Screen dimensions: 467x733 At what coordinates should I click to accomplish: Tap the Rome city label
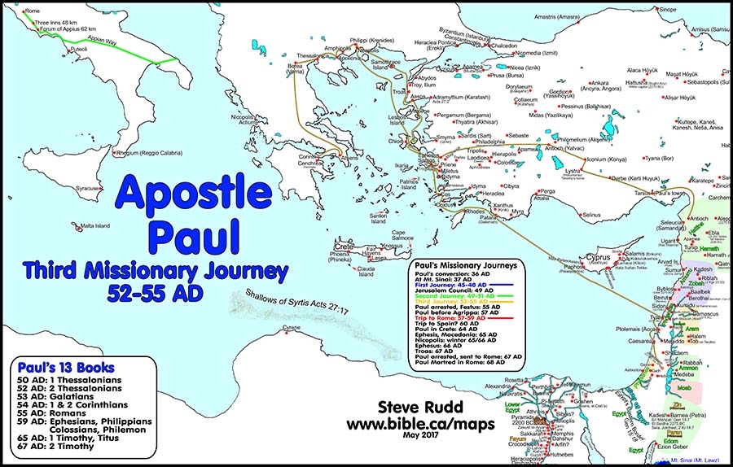33,11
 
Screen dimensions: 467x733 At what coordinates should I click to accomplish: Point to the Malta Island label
99,226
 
